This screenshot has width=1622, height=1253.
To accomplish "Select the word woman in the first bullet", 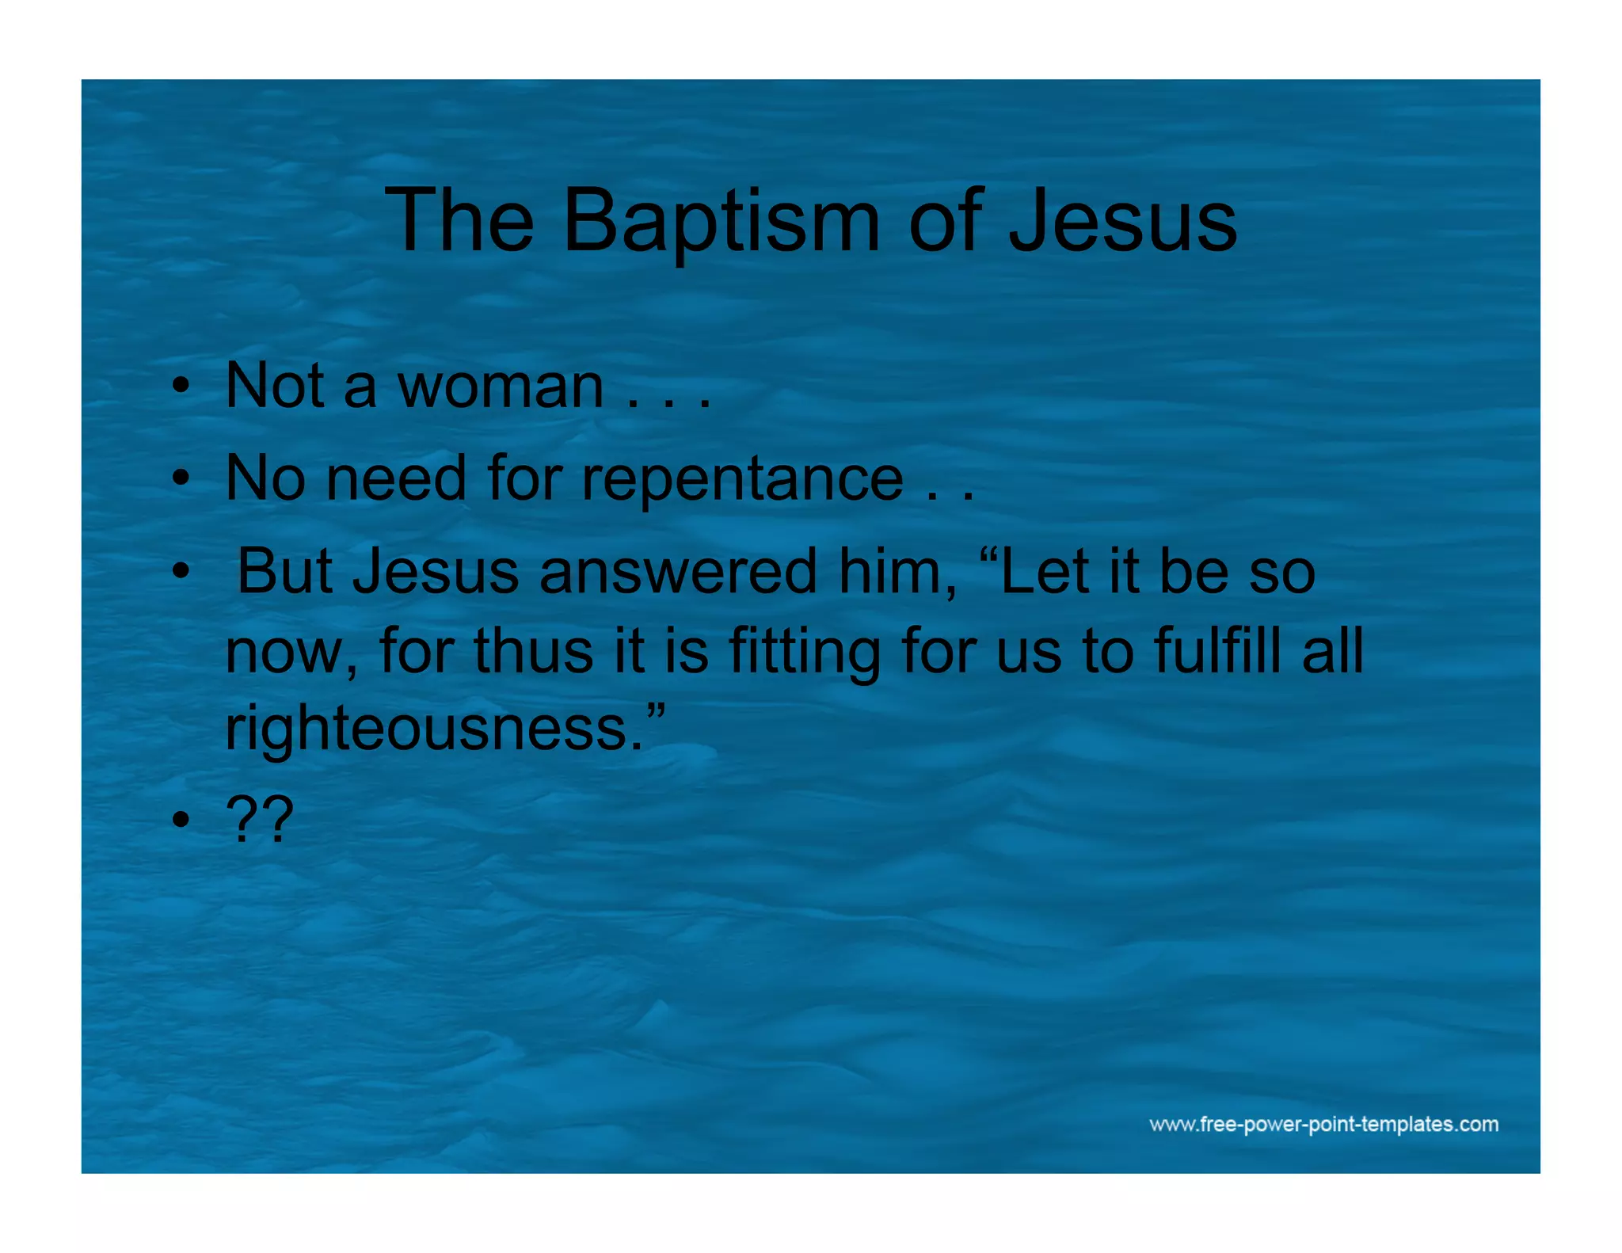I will coord(501,387).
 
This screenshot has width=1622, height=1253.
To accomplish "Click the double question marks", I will coord(260,820).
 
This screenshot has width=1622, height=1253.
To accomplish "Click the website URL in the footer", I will coord(1323,1124).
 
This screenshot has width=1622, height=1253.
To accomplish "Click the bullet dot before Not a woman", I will coord(181,387).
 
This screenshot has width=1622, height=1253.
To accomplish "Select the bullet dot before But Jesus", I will coord(181,571).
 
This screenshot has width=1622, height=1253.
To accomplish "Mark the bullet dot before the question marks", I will coord(181,820).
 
